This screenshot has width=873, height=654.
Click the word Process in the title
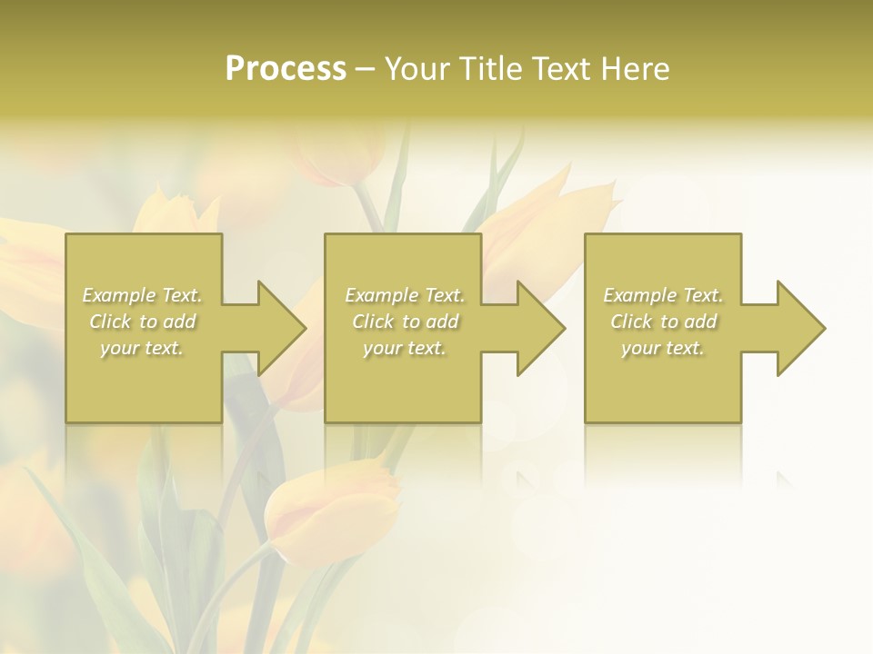pos(286,69)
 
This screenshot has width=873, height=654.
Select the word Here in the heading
pos(636,69)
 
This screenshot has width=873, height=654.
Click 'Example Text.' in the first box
pos(143,295)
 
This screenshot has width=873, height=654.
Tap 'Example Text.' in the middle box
pos(405,295)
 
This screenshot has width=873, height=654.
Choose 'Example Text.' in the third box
pos(663,295)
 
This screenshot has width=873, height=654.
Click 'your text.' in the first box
pos(143,348)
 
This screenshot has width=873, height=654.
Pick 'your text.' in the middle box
pos(405,348)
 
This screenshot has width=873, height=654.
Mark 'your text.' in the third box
pos(663,348)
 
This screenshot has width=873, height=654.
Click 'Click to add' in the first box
pos(143,322)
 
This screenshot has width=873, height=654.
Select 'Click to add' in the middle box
pos(405,322)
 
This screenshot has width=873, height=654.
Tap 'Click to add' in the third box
pos(663,322)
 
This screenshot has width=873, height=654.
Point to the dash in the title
pos(366,70)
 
